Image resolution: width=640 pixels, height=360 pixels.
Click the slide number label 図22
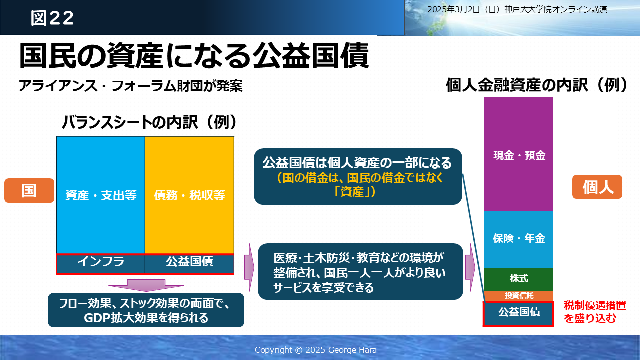[x=52, y=18]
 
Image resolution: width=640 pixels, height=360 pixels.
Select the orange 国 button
[x=29, y=190]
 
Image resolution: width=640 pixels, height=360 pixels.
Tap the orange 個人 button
[x=597, y=187]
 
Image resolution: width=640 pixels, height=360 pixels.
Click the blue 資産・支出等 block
[x=101, y=195]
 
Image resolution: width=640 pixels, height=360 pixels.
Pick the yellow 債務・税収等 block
[x=189, y=195]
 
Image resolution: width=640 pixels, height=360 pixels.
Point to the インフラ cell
[x=101, y=264]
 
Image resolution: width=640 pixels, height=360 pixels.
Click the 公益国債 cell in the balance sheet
[x=189, y=264]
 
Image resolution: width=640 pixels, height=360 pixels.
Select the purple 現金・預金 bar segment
[x=518, y=154]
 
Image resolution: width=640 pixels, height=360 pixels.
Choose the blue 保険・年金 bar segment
[x=518, y=240]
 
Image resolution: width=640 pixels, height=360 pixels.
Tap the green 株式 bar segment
[x=518, y=279]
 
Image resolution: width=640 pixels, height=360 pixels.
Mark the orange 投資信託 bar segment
[x=518, y=296]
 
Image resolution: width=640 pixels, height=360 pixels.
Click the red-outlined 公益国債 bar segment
[x=518, y=314]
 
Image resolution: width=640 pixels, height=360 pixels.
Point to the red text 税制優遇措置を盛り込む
[x=595, y=312]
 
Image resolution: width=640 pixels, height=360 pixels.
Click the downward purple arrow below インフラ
[x=146, y=285]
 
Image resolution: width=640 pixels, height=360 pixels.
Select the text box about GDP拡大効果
[x=146, y=310]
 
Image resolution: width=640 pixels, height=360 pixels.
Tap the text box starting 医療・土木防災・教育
[x=360, y=271]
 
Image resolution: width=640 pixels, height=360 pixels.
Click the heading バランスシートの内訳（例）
[x=149, y=122]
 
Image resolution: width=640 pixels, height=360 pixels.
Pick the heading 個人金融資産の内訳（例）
[x=537, y=85]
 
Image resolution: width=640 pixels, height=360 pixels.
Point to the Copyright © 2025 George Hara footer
[x=315, y=350]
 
